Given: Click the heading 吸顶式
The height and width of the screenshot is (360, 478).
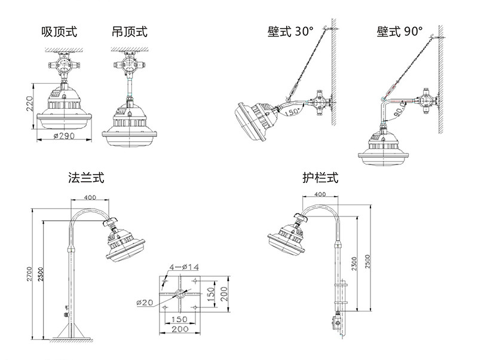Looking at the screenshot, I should click(59, 31).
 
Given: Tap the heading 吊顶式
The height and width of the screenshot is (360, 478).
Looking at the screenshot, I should click(129, 31).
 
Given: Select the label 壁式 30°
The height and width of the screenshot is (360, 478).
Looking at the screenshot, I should click(290, 32).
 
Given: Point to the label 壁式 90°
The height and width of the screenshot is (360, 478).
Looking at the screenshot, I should click(400, 32).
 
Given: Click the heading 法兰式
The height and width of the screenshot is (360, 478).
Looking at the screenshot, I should click(87, 178).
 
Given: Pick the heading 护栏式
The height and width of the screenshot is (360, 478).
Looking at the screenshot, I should click(320, 178).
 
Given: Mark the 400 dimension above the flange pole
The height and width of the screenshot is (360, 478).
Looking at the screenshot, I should click(90, 198).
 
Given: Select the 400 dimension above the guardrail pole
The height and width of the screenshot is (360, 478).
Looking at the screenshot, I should click(320, 194).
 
